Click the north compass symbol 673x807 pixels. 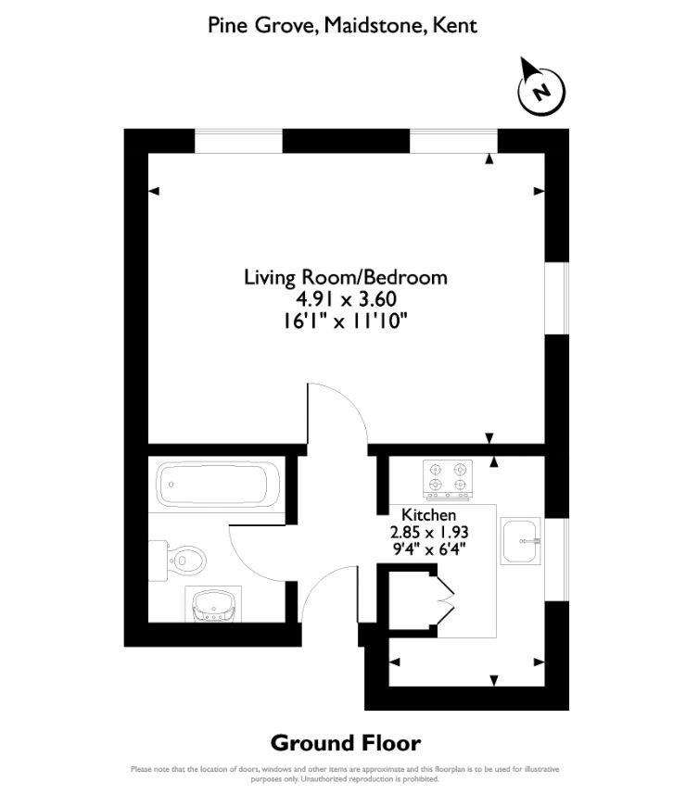pyautogui.click(x=540, y=89)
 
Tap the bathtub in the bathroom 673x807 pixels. pyautogui.click(x=219, y=484)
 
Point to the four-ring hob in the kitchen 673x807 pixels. pyautogui.click(x=447, y=478)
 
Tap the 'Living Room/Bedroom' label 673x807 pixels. pyautogui.click(x=345, y=277)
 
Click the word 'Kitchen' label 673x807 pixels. pyautogui.click(x=428, y=515)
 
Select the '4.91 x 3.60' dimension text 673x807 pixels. pyautogui.click(x=345, y=299)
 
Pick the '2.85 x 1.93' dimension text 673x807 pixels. pyautogui.click(x=428, y=532)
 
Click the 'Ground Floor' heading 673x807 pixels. pyautogui.click(x=345, y=742)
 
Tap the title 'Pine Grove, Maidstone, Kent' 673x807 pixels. pyautogui.click(x=342, y=25)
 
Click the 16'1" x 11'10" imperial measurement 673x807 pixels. pyautogui.click(x=345, y=322)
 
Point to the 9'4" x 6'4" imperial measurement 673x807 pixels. pyautogui.click(x=428, y=548)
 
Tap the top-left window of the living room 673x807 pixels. pyautogui.click(x=238, y=141)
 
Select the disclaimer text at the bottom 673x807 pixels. pyautogui.click(x=345, y=774)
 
